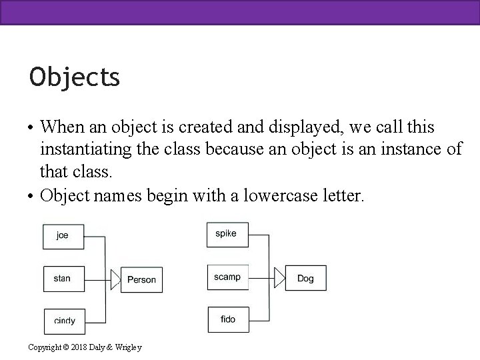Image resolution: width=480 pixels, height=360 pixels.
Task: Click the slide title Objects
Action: [x=75, y=77]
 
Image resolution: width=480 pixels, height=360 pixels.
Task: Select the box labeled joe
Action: [x=63, y=235]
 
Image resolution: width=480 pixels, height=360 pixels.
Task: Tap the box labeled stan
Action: [x=63, y=278]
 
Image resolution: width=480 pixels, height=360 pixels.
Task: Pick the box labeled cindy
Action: [x=65, y=321]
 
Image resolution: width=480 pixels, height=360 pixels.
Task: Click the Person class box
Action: [x=141, y=280]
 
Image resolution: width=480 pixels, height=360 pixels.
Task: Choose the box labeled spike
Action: [x=226, y=233]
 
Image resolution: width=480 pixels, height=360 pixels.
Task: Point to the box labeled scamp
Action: [x=227, y=277]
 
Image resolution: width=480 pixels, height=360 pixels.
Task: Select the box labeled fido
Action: [x=227, y=319]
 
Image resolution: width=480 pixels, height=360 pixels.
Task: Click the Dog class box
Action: [x=305, y=279]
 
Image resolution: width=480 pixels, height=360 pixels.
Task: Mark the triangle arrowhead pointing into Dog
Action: [x=279, y=278]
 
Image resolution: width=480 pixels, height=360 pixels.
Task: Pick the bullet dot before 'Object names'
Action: [x=31, y=197]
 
